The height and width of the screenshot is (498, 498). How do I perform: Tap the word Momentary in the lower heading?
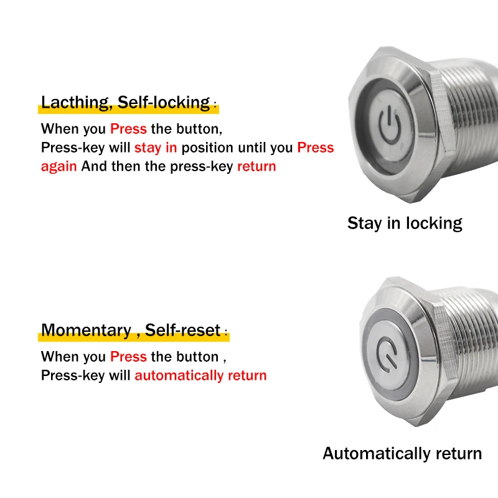click(x=85, y=330)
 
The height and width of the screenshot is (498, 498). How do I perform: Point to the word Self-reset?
click(x=183, y=330)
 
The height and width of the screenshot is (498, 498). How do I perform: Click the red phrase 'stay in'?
click(x=156, y=148)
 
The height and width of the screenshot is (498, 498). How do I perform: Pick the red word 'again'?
click(x=59, y=167)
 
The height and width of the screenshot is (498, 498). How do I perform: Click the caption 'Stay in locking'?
click(x=405, y=223)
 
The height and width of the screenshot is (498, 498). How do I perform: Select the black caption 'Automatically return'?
click(x=402, y=454)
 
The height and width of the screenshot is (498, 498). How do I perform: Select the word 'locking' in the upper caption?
click(x=434, y=223)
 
